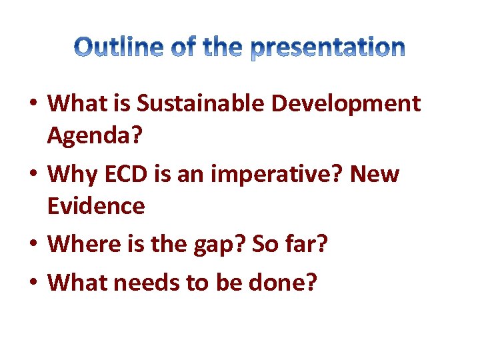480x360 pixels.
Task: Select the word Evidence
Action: (96, 206)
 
